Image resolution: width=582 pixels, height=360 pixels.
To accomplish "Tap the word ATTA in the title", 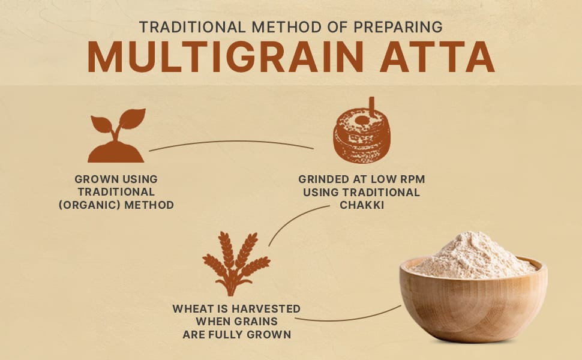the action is (x=437, y=56).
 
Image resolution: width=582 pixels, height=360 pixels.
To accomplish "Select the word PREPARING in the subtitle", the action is (x=398, y=27).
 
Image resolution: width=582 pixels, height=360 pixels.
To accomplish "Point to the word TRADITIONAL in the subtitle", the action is (x=192, y=27).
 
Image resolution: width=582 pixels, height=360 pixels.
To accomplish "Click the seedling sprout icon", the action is (x=116, y=136).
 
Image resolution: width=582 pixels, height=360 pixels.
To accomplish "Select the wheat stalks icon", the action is (x=236, y=264).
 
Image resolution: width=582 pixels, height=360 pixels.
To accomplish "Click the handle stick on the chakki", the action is (x=371, y=107).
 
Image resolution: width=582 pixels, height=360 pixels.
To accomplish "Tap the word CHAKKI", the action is (x=362, y=205).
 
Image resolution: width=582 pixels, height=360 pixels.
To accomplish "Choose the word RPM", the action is (x=412, y=179).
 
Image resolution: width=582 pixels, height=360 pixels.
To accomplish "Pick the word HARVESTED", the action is (x=266, y=309).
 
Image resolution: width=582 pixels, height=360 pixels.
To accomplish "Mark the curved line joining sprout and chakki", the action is (x=231, y=142).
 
